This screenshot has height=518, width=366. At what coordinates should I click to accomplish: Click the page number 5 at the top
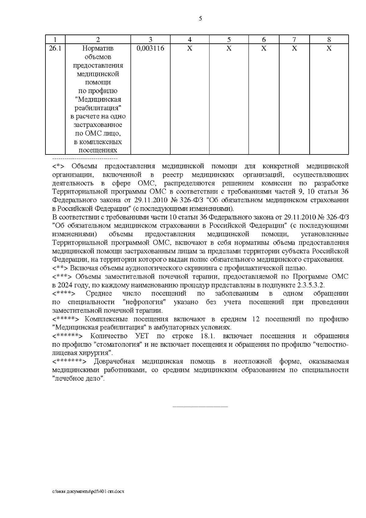(200, 19)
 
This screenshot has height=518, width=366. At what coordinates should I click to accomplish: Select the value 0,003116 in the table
(150, 48)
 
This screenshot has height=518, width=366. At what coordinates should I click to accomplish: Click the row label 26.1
(55, 48)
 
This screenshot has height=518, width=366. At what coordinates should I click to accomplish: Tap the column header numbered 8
(329, 39)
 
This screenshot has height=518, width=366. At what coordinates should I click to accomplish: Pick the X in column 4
(189, 48)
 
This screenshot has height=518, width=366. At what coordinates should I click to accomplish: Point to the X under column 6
(264, 48)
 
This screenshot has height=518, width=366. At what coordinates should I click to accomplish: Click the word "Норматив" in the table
(98, 48)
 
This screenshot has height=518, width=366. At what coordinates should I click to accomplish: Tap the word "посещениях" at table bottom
(98, 150)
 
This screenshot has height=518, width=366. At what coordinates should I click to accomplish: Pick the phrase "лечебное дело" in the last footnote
(79, 379)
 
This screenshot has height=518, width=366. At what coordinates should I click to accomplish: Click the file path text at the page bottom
(88, 492)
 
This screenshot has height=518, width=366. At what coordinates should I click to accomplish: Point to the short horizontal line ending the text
(200, 407)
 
